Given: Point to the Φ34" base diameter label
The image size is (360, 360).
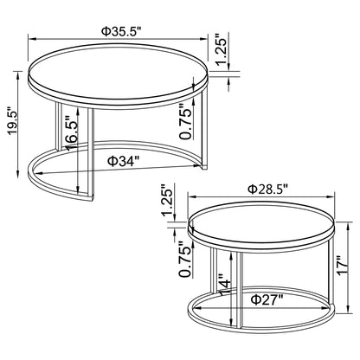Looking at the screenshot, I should click(x=125, y=160).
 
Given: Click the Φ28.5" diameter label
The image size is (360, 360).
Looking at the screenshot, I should click(x=267, y=188).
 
